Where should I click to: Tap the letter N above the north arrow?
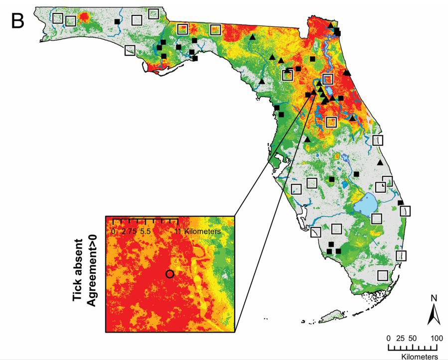click(433, 298)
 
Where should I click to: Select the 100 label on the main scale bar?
click(437, 338)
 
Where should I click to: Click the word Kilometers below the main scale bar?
click(420, 356)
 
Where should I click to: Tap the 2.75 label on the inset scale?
click(129, 232)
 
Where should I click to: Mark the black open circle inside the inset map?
click(169, 274)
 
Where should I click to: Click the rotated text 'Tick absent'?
click(78, 275)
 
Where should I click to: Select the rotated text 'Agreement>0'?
click(92, 275)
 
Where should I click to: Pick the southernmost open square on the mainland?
click(383, 275)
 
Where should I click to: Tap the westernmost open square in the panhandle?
click(58, 18)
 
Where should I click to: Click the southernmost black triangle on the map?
click(380, 163)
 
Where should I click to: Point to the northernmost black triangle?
click(330, 25)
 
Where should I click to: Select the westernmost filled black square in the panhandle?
click(117, 21)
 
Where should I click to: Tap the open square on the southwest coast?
click(316, 232)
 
